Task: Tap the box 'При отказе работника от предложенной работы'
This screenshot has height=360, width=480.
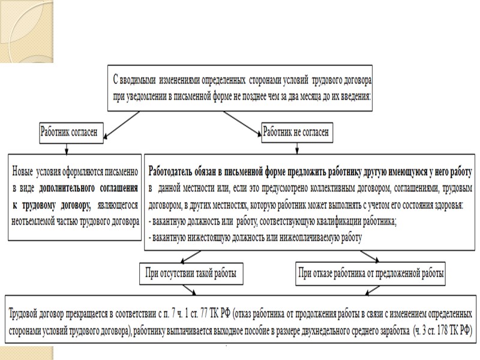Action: click(x=370, y=275)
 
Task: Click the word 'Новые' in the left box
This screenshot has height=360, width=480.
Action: click(x=28, y=170)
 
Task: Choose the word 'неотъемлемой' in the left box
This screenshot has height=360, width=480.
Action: click(x=38, y=220)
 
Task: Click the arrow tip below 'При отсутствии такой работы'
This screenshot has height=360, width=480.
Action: click(x=191, y=293)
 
